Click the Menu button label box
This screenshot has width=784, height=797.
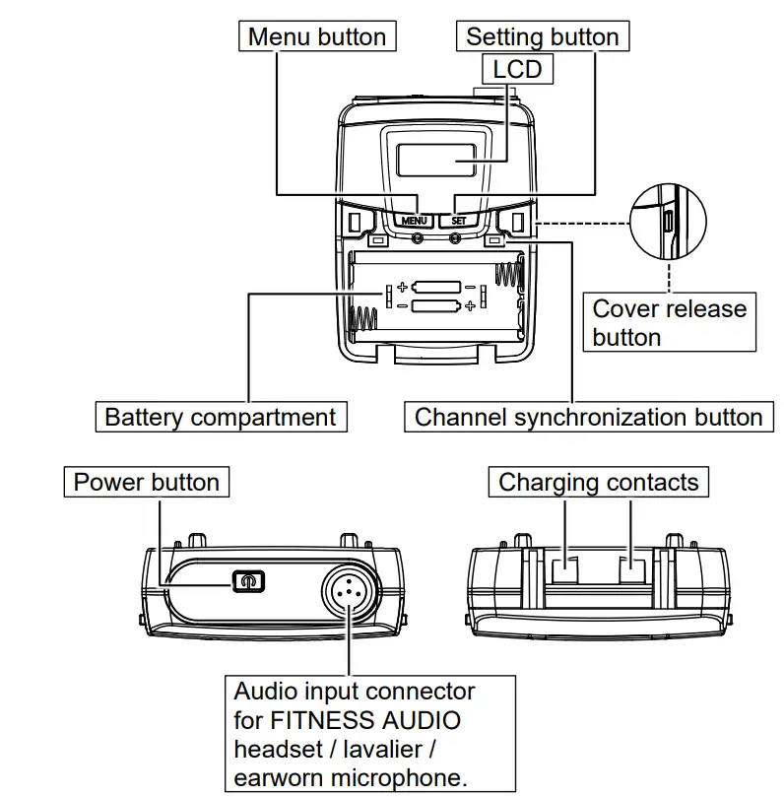click(x=316, y=37)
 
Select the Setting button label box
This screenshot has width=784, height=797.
click(x=542, y=37)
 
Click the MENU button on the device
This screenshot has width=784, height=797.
click(x=415, y=221)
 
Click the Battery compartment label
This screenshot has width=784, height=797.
click(x=220, y=417)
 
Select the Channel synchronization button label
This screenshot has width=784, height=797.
click(x=588, y=417)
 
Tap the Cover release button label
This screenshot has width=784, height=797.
click(x=669, y=322)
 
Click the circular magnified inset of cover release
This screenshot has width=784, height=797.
click(x=669, y=222)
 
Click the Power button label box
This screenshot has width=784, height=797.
click(x=147, y=483)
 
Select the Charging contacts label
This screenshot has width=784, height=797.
click(x=598, y=483)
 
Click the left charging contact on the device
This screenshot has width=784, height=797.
click(x=565, y=569)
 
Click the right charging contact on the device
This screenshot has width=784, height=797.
click(x=630, y=569)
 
